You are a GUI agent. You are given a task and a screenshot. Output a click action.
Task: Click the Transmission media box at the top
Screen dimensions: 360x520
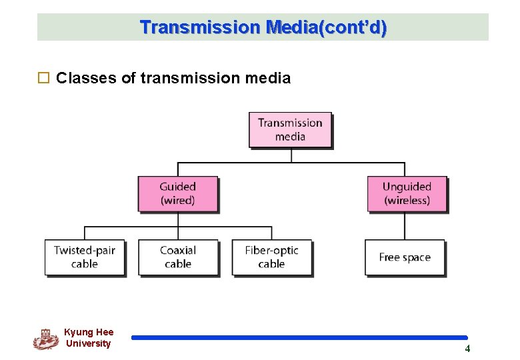click(290, 129)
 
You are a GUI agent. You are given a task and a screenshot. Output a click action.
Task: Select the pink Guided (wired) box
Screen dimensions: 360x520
click(177, 193)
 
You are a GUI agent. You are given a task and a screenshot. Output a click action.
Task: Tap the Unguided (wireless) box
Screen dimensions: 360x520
click(407, 193)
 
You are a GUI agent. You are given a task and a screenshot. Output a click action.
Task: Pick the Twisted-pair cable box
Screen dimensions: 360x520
click(85, 257)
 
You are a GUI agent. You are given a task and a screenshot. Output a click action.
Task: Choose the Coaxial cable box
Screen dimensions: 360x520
click(178, 257)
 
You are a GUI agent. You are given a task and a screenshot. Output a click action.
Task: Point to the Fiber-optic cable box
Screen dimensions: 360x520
click(271, 257)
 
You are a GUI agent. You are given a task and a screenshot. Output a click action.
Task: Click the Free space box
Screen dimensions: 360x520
click(405, 257)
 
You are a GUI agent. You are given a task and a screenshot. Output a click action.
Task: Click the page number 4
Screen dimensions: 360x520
click(467, 348)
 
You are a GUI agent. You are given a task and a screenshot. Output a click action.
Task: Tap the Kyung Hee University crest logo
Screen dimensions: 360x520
click(45, 339)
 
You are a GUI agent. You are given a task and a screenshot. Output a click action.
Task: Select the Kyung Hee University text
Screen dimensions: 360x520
click(89, 338)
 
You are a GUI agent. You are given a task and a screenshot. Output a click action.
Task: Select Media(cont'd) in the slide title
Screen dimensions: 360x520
click(326, 27)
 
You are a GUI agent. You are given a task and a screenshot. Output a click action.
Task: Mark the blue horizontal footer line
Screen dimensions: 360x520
click(299, 338)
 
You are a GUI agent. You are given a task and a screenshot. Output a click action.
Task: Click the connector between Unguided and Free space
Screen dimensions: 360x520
click(405, 226)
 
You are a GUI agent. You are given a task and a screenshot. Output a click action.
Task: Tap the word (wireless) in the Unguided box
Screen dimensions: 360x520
click(407, 200)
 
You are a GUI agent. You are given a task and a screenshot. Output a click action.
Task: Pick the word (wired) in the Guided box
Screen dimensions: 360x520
click(177, 200)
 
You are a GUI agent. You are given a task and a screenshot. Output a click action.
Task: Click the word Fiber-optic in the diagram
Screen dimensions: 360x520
click(271, 251)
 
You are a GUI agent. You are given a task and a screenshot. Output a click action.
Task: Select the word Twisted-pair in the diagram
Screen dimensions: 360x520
click(85, 251)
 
